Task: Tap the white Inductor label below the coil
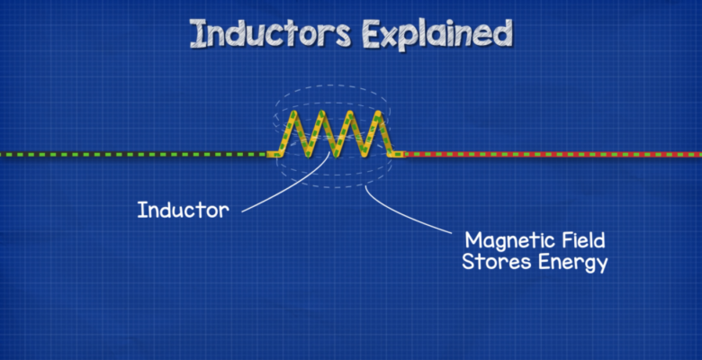click(x=183, y=211)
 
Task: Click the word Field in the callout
click(x=580, y=240)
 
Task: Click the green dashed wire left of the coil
click(x=135, y=154)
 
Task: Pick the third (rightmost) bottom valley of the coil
click(x=364, y=154)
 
